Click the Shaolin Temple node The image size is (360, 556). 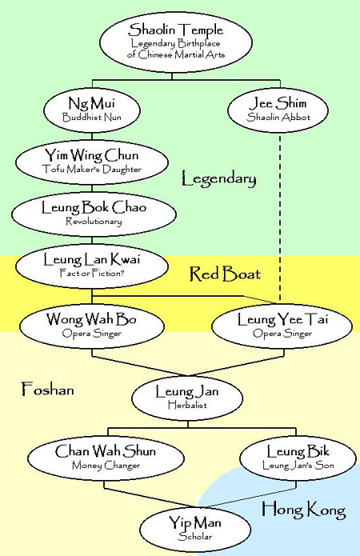point(176,42)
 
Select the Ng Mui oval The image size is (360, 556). point(92,110)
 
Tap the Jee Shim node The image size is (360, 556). point(278,110)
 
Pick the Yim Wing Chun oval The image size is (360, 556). point(91,162)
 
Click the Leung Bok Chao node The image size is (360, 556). point(94,214)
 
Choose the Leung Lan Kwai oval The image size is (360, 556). point(91,266)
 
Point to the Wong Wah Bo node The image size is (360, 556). point(91,326)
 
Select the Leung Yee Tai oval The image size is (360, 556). point(282,326)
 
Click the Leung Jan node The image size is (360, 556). point(187,398)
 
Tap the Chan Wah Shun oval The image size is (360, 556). point(106,458)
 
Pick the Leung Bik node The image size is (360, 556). point(298,458)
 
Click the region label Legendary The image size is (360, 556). point(218,178)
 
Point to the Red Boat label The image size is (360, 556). point(225,274)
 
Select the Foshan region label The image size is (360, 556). point(48,389)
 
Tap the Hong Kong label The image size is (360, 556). point(304,509)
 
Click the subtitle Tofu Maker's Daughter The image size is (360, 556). point(91,169)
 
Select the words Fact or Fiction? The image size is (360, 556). point(91,273)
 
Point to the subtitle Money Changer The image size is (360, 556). point(106,466)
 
